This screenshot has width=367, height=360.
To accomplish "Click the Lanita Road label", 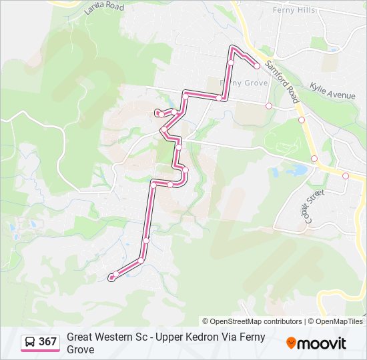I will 105,8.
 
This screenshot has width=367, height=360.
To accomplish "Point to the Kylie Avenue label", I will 332,91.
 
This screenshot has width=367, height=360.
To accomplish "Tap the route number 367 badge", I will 47,342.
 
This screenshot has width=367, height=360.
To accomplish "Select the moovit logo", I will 316,343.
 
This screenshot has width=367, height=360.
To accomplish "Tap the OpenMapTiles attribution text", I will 339,321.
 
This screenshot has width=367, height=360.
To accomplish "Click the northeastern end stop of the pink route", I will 256,65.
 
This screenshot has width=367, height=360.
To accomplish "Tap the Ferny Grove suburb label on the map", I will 244,83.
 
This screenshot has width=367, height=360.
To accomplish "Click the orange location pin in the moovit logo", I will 291,343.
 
